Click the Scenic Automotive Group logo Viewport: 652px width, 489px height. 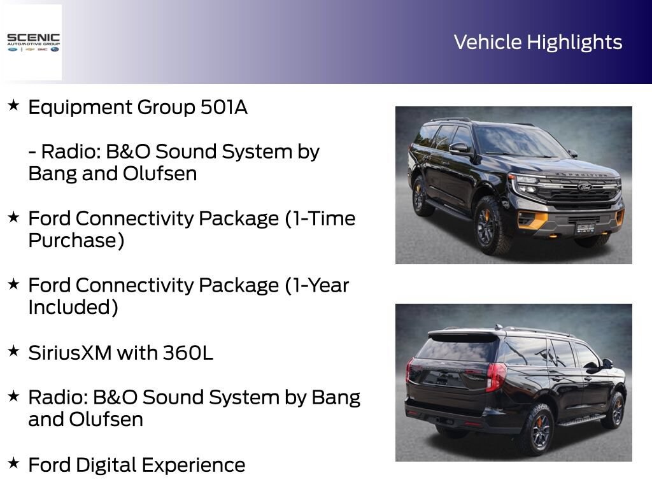33,43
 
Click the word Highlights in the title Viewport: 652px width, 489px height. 575,43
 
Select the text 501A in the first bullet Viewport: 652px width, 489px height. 224,107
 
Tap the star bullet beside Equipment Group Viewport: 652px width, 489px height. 14,105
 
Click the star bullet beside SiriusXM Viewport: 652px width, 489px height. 14,351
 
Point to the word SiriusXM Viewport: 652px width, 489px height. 70,353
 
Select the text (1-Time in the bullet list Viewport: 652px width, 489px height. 320,219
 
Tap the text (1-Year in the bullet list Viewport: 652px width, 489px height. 317,286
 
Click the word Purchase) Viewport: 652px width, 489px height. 76,241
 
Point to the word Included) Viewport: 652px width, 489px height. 73,308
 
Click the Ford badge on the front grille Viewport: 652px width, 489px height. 585,187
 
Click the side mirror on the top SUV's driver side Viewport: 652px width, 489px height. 459,148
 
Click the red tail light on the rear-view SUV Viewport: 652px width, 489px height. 495,377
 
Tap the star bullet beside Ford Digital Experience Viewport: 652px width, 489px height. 14,462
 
